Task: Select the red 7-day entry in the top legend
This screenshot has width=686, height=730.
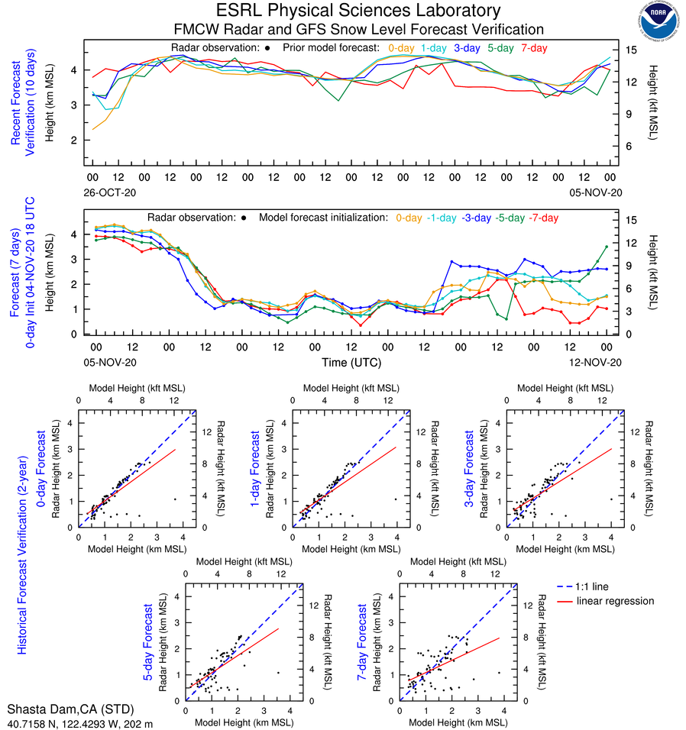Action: coord(534,48)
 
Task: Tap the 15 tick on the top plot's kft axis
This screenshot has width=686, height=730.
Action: coord(632,50)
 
